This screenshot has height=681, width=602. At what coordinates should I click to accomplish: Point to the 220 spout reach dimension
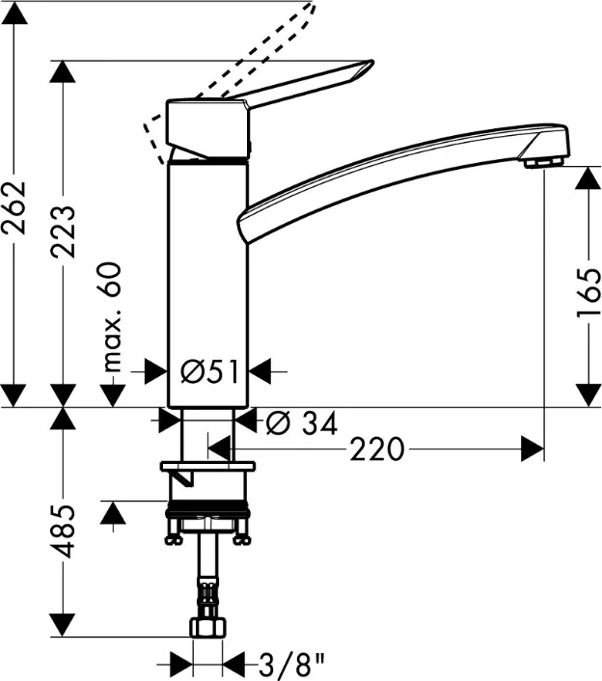[377, 449]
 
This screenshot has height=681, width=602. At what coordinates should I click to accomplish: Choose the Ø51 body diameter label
[208, 369]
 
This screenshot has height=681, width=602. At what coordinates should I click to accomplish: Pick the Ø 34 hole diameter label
[300, 422]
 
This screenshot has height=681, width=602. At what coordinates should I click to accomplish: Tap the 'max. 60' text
[115, 316]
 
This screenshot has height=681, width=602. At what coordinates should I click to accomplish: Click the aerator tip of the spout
[544, 163]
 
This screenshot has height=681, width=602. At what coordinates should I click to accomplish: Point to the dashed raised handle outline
[289, 29]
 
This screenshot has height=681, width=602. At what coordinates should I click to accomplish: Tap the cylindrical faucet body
[208, 280]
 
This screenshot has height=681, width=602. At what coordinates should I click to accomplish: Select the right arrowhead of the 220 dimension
[534, 448]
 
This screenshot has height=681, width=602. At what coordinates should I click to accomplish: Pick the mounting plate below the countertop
[208, 467]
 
